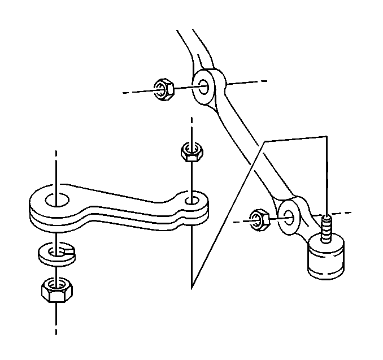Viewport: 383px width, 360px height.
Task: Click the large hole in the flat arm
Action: point(56,200)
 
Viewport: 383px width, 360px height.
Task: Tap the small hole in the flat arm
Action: point(192,199)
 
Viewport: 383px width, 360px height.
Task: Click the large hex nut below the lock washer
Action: point(55,290)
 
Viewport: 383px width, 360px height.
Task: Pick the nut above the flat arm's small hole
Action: point(192,152)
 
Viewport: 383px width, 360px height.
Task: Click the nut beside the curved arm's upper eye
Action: point(164,90)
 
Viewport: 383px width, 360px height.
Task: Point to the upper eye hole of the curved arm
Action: point(204,87)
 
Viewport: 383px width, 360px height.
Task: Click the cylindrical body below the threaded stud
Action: point(326,259)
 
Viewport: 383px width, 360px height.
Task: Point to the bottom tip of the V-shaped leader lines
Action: point(192,288)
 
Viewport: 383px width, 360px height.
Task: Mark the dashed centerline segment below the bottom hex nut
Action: point(55,325)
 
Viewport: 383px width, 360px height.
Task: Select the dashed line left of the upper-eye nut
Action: point(136,92)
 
